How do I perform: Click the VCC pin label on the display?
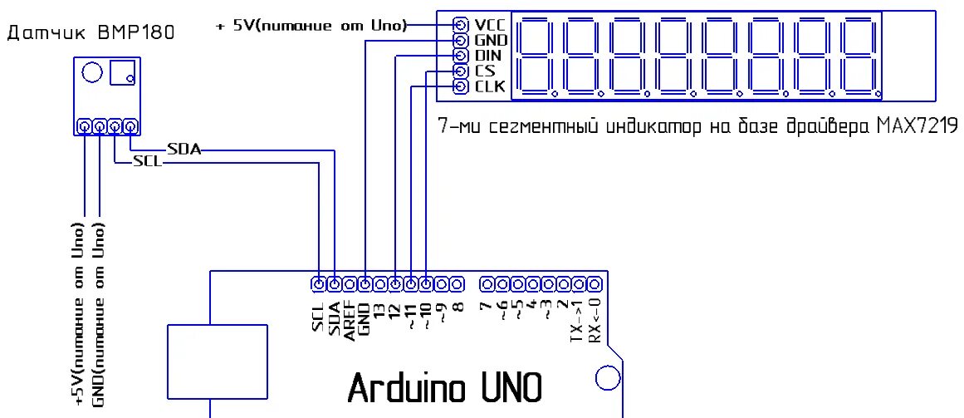point(490,24)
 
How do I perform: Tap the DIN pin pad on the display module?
point(460,56)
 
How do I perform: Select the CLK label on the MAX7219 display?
point(490,86)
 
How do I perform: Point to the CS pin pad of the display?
point(460,71)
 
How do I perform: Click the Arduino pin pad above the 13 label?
point(380,284)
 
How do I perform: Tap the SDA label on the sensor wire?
point(184,150)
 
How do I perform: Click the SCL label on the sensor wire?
point(147,162)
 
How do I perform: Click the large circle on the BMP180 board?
point(92,73)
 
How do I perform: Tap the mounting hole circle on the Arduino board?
point(609,380)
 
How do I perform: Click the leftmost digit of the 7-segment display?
point(536,56)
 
